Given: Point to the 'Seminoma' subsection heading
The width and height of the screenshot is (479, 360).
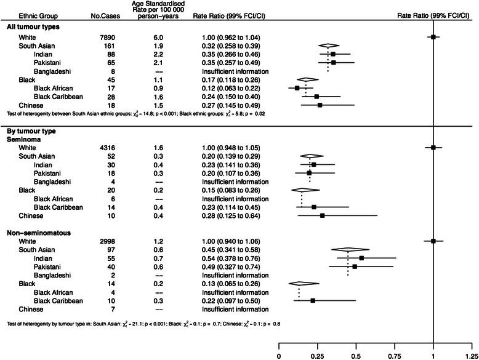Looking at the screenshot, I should [x=22, y=139].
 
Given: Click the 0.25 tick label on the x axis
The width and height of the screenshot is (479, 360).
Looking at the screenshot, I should [x=318, y=355].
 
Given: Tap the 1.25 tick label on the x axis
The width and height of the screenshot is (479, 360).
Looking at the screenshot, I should [x=472, y=355].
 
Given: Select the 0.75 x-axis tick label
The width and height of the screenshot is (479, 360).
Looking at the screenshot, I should [x=395, y=355].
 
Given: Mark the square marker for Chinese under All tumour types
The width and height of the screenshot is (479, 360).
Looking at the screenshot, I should [x=320, y=105].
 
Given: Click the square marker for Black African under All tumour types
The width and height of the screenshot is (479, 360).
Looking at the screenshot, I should [x=297, y=88].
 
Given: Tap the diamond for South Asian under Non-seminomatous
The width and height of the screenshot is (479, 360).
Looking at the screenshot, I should [x=348, y=250].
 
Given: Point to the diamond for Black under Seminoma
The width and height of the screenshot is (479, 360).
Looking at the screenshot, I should [x=302, y=191].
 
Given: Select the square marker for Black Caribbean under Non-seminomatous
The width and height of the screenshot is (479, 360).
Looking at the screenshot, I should [x=313, y=301].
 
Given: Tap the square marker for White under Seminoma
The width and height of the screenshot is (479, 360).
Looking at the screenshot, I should [x=433, y=148].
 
